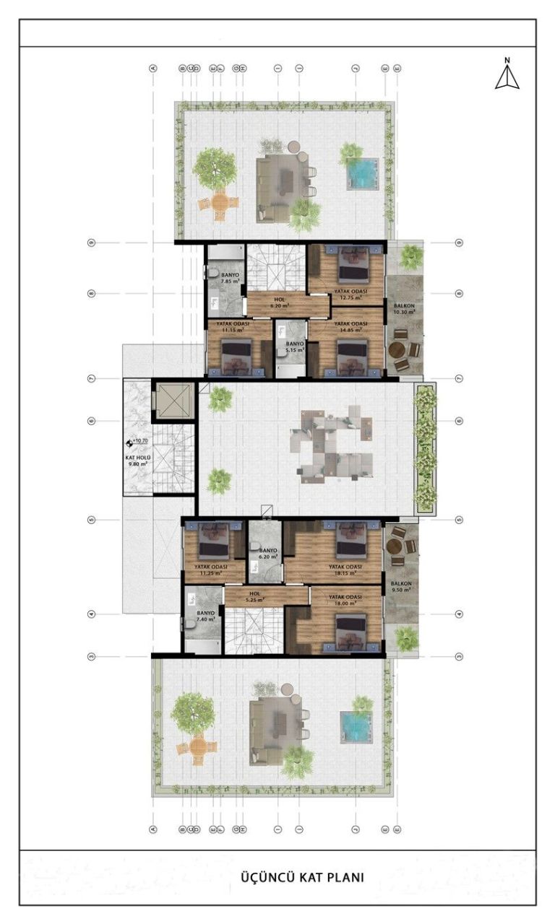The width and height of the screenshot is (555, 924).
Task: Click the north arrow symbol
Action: pos(507,75)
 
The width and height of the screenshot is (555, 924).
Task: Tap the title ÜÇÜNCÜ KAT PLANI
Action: pos(302,878)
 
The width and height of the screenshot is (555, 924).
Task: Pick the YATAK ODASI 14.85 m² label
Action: pos(350,327)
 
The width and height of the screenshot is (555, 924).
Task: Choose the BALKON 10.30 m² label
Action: pos(404,309)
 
